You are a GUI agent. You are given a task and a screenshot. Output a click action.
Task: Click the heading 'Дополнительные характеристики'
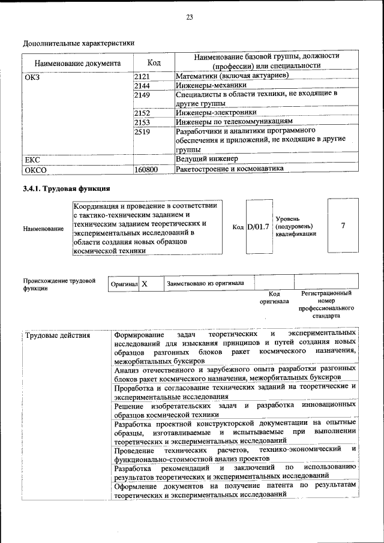pos(79,43)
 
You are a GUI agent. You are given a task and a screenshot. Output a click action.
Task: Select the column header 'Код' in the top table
pos(154,62)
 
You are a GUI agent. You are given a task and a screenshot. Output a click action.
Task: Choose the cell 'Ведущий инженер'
pos(207,159)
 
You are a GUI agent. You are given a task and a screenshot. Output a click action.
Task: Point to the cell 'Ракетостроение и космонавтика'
pos(230,169)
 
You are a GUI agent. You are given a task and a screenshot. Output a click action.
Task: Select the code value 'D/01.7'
pos(259,227)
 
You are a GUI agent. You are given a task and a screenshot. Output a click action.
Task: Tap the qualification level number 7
pos(343,226)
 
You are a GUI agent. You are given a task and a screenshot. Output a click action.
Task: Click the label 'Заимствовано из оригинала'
pos(205,283)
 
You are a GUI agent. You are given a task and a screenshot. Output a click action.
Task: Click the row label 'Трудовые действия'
pos(58,335)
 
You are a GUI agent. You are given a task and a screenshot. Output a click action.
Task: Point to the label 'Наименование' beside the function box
pos(43,229)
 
